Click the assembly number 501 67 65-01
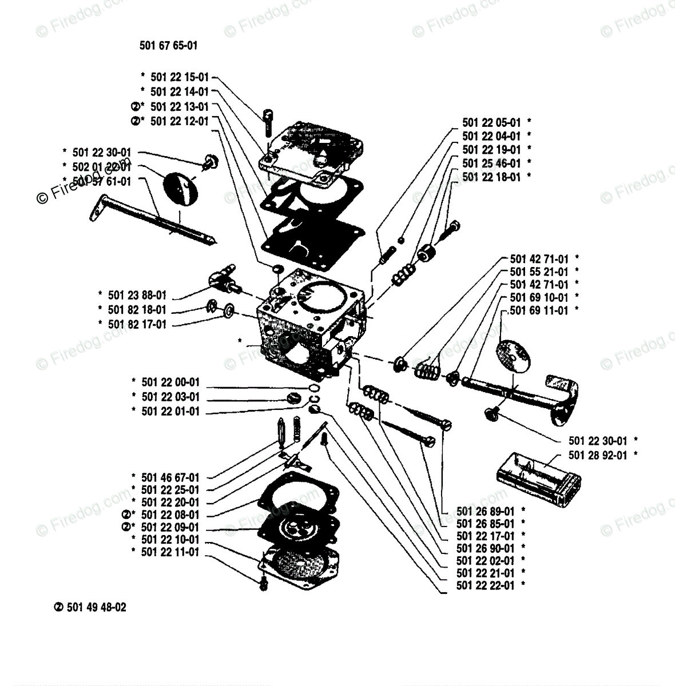168,46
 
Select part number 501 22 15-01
180,77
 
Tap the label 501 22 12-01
180,121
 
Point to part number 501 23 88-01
137,296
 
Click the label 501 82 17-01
137,324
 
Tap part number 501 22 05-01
491,122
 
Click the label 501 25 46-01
491,163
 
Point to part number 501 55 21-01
539,272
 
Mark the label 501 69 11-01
539,310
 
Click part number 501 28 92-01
598,455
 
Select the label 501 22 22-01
486,586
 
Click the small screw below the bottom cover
264,583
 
